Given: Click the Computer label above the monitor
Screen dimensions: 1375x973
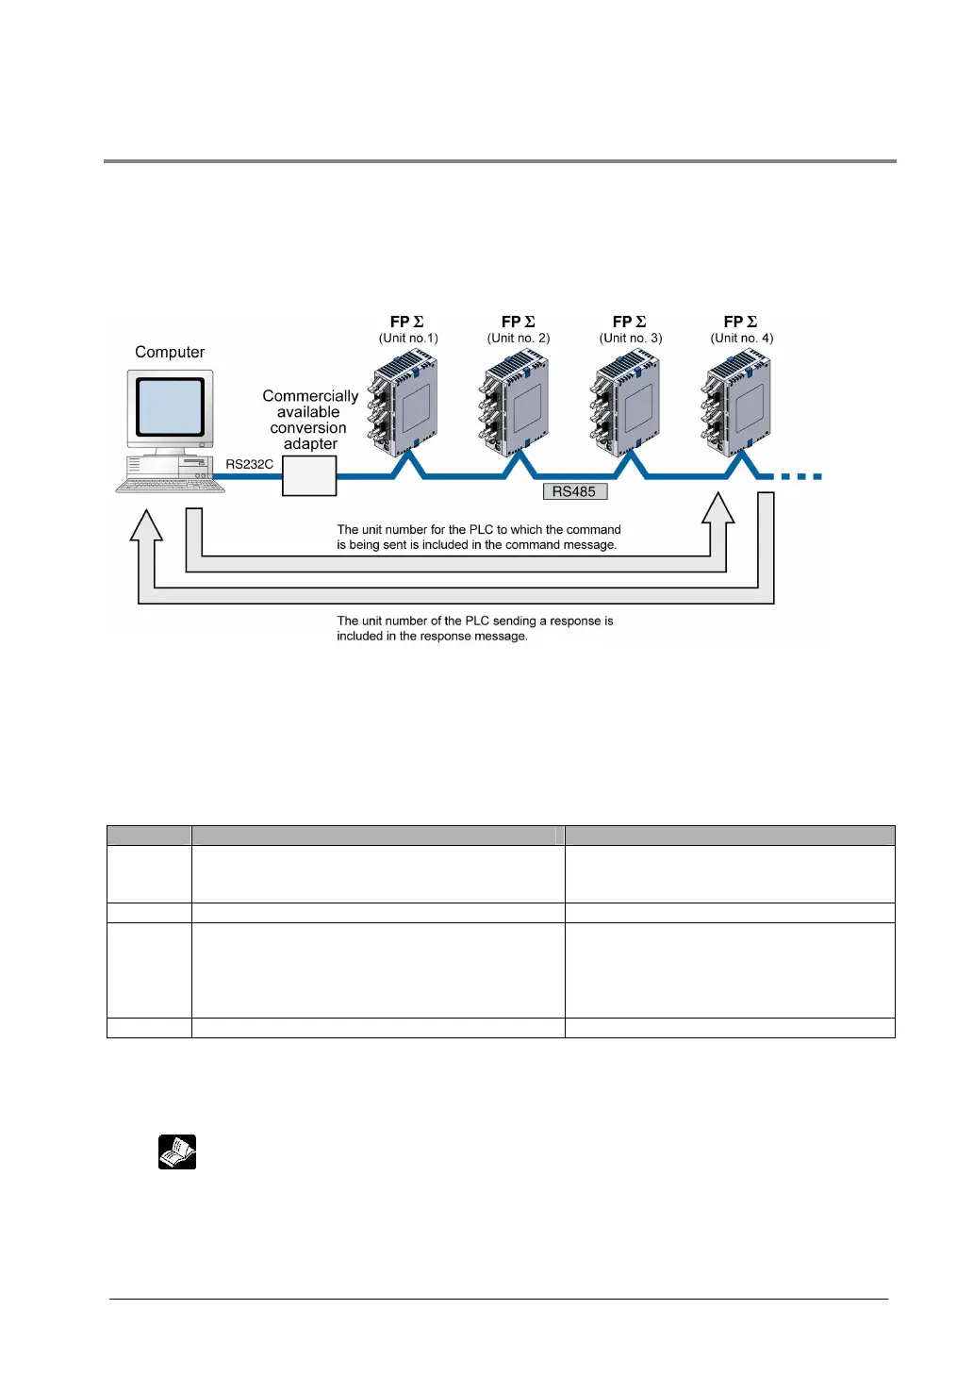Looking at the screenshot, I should [170, 352].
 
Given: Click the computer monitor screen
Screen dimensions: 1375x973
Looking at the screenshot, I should [170, 406].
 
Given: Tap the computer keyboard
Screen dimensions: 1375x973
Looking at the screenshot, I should [171, 486].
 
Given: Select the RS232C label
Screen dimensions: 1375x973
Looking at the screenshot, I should [249, 464].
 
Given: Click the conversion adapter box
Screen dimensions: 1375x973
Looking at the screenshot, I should [309, 476].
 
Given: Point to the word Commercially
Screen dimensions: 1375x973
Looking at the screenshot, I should [310, 396].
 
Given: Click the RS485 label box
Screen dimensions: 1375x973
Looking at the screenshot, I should [574, 491].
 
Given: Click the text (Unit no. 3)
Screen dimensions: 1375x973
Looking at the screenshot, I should [631, 338].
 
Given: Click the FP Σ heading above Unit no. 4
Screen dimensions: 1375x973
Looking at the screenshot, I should [740, 322].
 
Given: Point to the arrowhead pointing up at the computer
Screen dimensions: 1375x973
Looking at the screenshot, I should [146, 524].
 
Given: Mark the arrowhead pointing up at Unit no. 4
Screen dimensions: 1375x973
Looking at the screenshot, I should [718, 508].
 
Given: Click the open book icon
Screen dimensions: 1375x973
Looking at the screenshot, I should [177, 1151].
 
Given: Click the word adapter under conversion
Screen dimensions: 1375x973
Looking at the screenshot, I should [310, 444].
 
